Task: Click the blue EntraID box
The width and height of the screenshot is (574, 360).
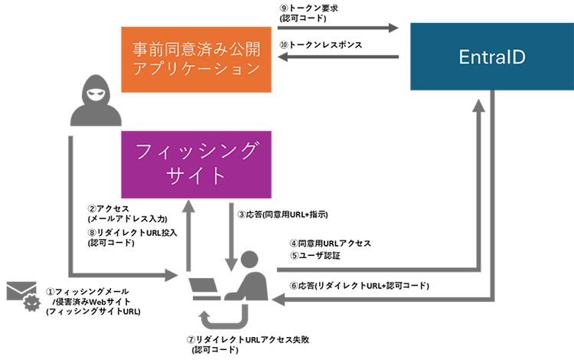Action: pyautogui.click(x=491, y=57)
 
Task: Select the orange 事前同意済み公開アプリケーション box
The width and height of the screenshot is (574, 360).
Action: pyautogui.click(x=196, y=59)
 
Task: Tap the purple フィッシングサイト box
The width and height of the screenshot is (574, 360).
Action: pyautogui.click(x=196, y=165)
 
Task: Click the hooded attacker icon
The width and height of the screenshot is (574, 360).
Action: pyautogui.click(x=96, y=100)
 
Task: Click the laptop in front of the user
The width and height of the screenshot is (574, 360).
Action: pyautogui.click(x=204, y=289)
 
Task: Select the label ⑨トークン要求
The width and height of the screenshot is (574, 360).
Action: pyautogui.click(x=308, y=8)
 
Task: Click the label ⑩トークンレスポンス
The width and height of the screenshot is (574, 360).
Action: pyautogui.click(x=321, y=44)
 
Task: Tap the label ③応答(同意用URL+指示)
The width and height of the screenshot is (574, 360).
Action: pyautogui.click(x=282, y=214)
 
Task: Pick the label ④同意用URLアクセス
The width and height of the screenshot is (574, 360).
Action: pyautogui.click(x=331, y=243)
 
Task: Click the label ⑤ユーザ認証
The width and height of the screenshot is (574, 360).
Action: pyautogui.click(x=315, y=255)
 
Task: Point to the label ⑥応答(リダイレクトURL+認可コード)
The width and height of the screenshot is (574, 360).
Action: pyautogui.click(x=360, y=285)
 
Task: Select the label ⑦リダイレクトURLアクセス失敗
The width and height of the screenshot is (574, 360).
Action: pyautogui.click(x=248, y=339)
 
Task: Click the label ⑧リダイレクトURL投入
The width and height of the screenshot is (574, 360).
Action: pyautogui.click(x=132, y=233)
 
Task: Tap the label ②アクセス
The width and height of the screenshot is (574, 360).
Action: pyautogui.click(x=109, y=209)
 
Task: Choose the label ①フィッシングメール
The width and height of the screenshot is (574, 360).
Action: pyautogui.click(x=87, y=292)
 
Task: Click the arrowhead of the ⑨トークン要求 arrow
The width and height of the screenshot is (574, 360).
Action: pyautogui.click(x=393, y=28)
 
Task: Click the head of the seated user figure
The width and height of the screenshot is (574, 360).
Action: pyautogui.click(x=249, y=260)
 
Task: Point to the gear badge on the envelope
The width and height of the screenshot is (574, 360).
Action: pyautogui.click(x=32, y=303)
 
